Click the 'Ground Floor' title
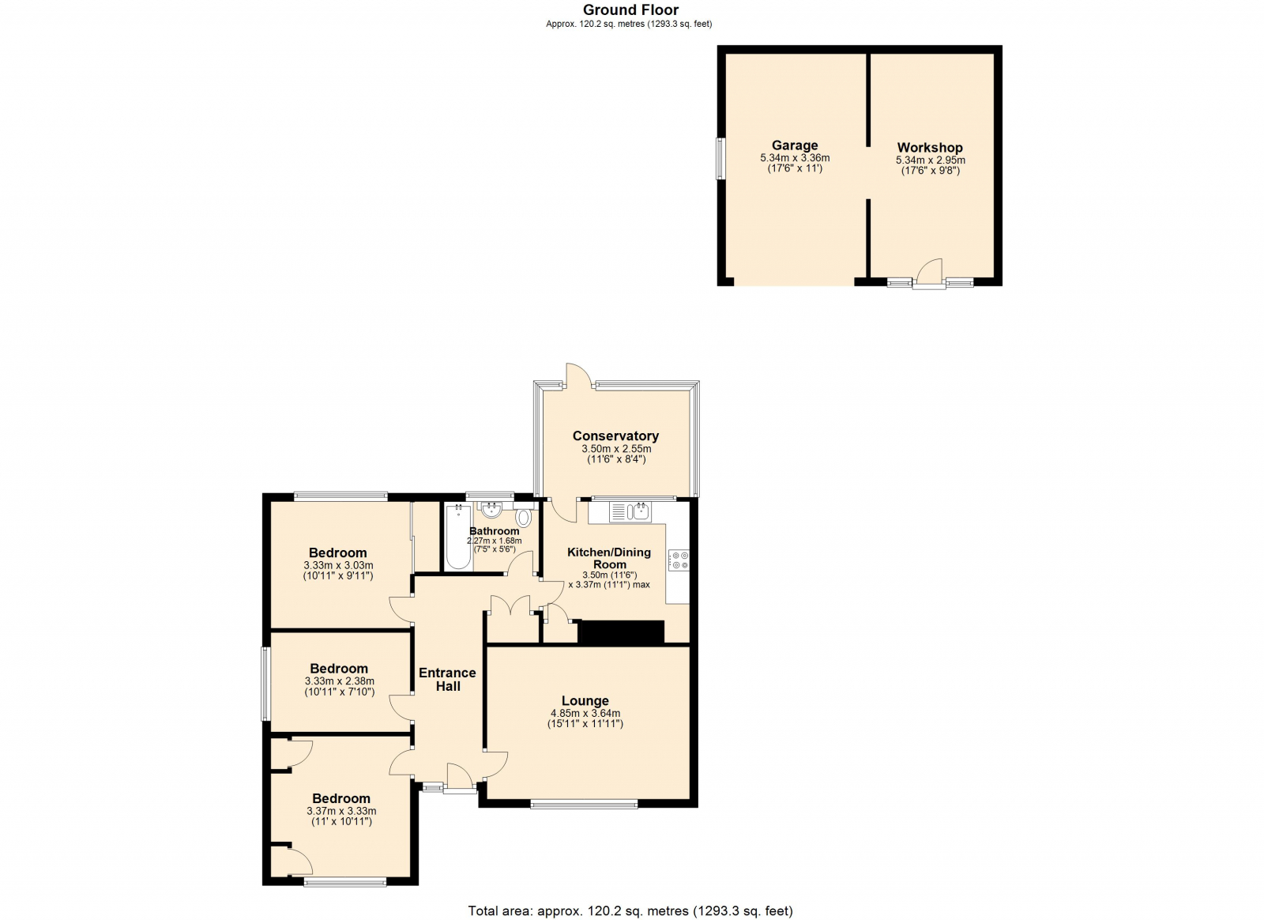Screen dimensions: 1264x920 point(630,9)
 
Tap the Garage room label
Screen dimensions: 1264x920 point(795,145)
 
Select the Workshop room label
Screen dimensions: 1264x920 point(930,148)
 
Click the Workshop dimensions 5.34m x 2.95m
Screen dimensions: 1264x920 point(930,160)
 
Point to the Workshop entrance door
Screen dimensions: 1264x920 point(929,274)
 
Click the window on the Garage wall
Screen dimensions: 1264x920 point(720,159)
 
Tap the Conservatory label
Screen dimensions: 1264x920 point(615,435)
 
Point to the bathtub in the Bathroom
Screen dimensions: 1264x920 point(458,537)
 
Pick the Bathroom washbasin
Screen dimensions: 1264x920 point(491,511)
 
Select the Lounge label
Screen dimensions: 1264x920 point(585,701)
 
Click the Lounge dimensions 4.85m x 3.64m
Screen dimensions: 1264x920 point(585,714)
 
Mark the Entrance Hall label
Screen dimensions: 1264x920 point(447,680)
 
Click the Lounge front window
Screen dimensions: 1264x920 point(584,805)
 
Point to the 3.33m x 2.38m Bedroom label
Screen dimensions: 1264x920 point(339,669)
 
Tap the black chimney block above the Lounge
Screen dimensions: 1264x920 point(621,632)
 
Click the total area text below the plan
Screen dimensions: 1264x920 point(630,895)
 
